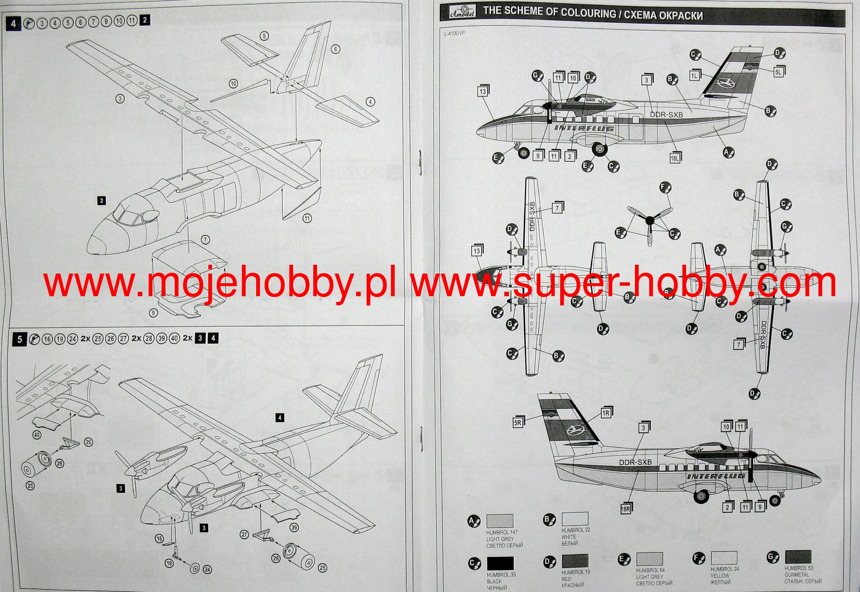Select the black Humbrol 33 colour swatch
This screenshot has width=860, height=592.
(500, 563)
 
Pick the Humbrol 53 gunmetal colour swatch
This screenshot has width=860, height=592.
(798, 557)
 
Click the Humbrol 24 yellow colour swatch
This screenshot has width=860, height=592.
(724, 558)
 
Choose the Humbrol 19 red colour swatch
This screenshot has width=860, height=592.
(575, 561)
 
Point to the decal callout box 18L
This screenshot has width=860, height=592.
(675, 158)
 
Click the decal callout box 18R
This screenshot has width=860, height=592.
(626, 509)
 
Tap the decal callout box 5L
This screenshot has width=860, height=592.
(778, 72)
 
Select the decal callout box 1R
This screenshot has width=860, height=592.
(606, 413)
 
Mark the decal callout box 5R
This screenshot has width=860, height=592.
(518, 422)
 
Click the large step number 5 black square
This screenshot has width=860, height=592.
(19, 339)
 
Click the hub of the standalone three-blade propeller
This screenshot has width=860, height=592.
(650, 219)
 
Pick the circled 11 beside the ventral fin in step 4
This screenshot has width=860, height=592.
(307, 218)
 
